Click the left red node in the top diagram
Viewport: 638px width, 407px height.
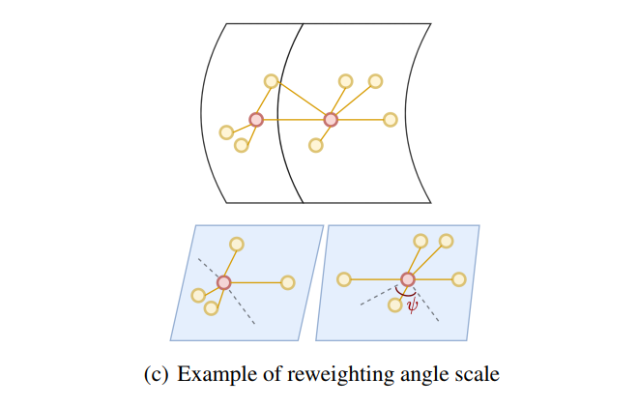(256, 120)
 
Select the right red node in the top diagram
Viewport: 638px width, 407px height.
(331, 120)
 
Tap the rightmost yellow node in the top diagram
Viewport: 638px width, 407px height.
(391, 120)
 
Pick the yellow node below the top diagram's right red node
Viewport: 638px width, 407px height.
(315, 146)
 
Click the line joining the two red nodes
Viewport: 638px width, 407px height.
(293, 120)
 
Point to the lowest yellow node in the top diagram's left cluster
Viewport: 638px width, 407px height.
(242, 146)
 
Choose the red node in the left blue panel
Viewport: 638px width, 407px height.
(224, 282)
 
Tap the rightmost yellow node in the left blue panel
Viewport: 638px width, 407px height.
(287, 282)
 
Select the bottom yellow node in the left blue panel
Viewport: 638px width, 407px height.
(211, 308)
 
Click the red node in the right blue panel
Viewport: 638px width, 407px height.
(408, 279)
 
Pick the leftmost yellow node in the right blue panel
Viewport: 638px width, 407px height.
(343, 279)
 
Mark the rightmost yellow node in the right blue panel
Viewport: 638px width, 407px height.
(459, 279)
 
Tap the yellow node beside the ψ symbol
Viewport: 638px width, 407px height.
(394, 305)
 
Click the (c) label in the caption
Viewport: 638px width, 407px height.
(155, 372)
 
